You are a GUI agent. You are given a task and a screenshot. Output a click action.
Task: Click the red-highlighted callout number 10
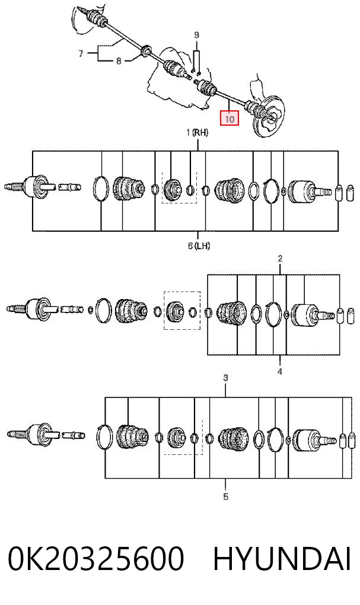pos(230,119)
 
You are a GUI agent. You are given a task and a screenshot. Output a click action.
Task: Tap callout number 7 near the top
pos(81,53)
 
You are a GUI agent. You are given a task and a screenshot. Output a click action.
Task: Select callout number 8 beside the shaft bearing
pos(119,60)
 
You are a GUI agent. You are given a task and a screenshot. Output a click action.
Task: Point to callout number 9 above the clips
pos(196,35)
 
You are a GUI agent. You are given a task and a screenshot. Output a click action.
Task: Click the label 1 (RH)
pos(197,133)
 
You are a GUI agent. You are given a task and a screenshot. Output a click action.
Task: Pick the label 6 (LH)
pos(199,245)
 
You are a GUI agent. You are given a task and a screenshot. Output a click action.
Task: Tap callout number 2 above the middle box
pos(280,259)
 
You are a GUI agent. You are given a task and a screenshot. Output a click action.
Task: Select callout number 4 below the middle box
pos(280,371)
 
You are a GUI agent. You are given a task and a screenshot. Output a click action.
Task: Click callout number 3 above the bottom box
pos(226,378)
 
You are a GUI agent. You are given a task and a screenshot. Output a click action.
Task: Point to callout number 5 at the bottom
pos(226,496)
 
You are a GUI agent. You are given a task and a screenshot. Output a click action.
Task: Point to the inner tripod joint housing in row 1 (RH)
pos(38,187)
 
